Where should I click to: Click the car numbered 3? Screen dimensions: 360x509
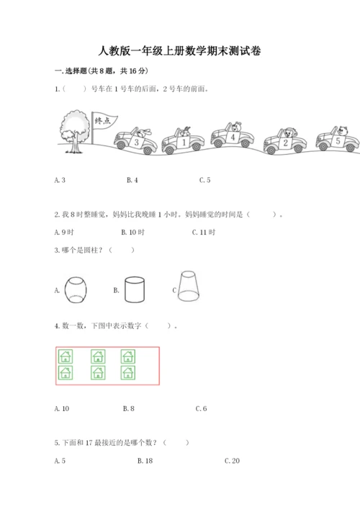point(135,140)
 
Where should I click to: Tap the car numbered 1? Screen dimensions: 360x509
point(184,140)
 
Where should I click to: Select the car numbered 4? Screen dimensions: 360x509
point(233,135)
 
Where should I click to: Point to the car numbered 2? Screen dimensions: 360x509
point(285,141)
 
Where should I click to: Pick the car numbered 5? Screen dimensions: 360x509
point(338,139)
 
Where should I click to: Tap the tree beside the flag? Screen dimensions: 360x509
point(75,131)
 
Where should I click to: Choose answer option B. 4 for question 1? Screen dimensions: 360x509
point(132,180)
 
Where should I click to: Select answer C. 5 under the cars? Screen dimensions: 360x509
point(204,180)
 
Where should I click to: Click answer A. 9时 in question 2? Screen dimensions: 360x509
point(64,233)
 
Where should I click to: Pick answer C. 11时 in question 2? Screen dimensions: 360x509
point(204,233)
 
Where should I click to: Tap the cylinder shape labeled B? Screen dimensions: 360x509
point(135,289)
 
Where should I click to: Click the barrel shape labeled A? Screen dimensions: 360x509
point(76,290)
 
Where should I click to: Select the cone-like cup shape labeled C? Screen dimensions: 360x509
point(189,287)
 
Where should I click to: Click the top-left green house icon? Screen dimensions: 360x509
point(66,356)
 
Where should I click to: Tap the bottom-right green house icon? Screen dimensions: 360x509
point(128,373)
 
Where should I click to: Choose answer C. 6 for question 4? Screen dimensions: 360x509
point(202,409)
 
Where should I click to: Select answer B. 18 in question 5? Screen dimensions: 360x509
point(145,461)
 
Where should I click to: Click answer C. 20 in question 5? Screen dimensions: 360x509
point(232,461)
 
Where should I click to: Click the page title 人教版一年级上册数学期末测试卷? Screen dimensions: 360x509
point(179,51)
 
